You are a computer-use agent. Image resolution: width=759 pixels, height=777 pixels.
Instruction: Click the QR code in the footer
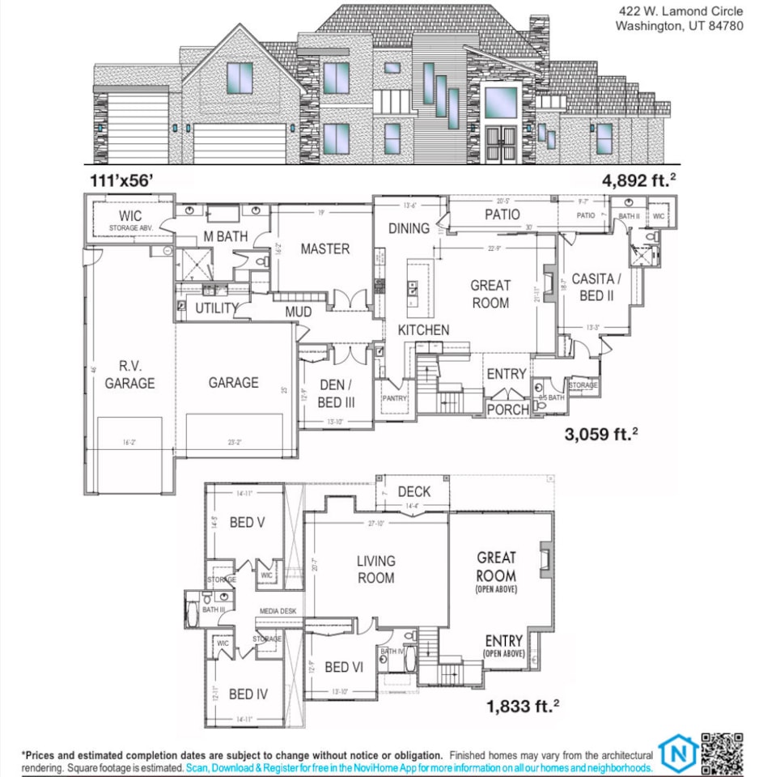(x=722, y=754)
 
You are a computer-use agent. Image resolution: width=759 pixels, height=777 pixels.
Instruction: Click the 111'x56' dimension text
(x=121, y=180)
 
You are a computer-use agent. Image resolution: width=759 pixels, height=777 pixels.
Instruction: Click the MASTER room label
(x=325, y=249)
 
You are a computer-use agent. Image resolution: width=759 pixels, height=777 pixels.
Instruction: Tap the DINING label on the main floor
(x=409, y=228)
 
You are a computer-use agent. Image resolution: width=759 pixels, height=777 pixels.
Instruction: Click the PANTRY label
(x=395, y=397)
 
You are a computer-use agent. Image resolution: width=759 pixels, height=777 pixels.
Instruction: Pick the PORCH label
(x=507, y=410)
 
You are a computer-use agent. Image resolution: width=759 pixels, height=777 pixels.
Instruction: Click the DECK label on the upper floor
(x=414, y=491)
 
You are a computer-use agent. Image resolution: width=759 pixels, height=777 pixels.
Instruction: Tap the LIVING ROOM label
(x=376, y=569)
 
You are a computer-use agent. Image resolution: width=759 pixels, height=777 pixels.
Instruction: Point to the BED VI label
(x=344, y=667)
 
